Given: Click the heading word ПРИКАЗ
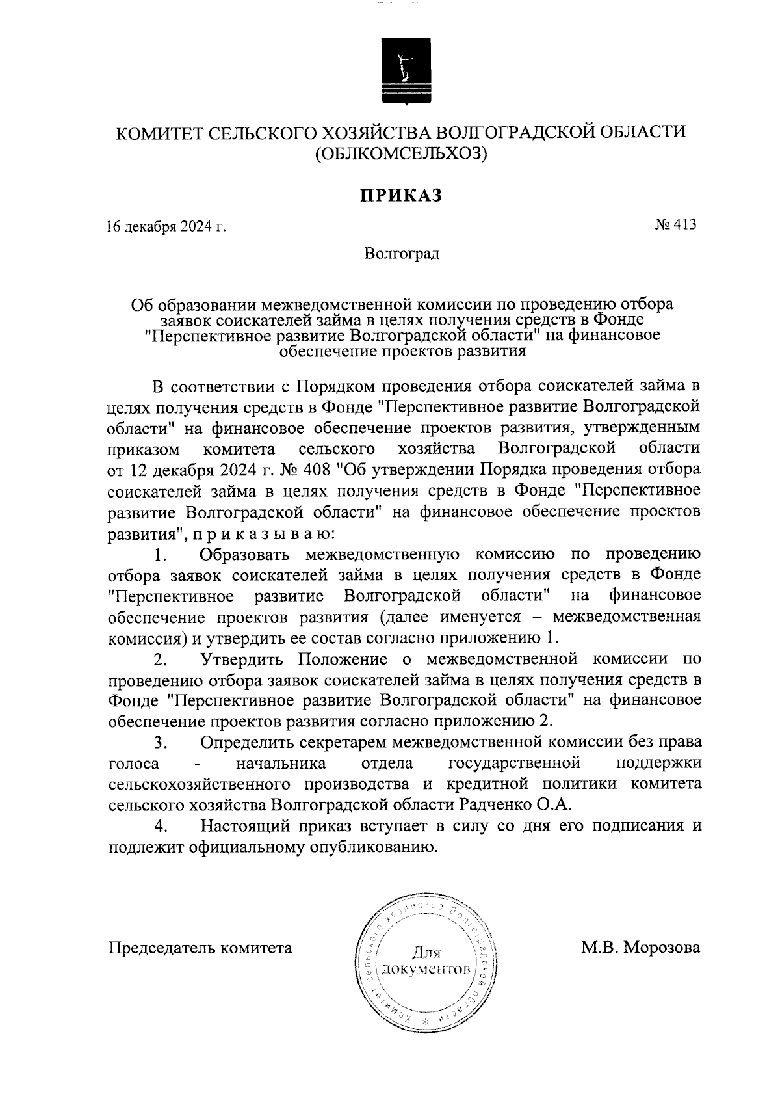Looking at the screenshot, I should pos(401,195).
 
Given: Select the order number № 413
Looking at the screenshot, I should pos(675,225).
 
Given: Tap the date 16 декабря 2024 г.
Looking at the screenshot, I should pos(166,227).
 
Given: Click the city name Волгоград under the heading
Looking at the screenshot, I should pos(401,253).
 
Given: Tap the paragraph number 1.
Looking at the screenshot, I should pos(161,555).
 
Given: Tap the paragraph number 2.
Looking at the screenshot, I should pos(161,659).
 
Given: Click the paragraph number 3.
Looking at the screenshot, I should pos(161,742).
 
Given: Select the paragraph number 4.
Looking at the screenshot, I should pos(161,827).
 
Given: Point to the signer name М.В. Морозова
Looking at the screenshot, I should pos(640,948).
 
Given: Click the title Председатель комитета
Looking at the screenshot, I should pos(200,948).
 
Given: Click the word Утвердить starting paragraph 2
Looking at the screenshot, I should pos(242,659).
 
